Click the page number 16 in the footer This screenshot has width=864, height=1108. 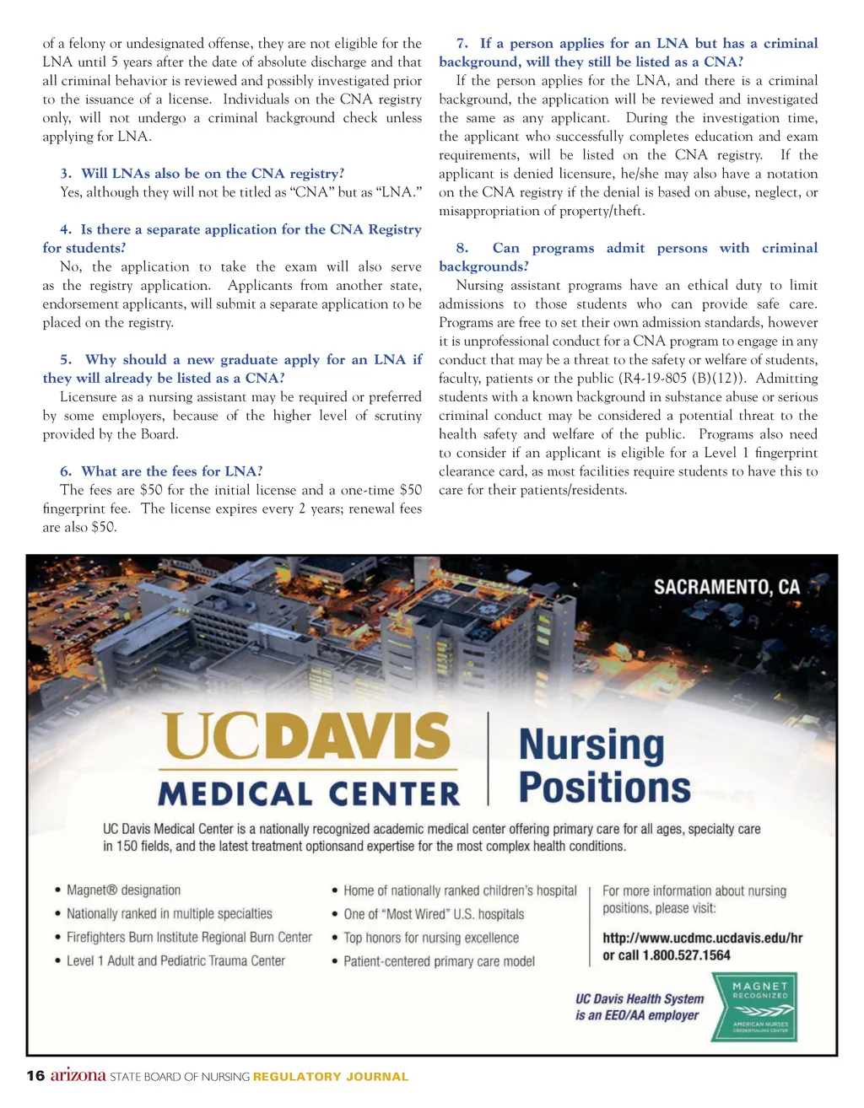point(35,1076)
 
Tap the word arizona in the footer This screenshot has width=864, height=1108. point(78,1075)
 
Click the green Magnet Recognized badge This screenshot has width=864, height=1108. point(754,1007)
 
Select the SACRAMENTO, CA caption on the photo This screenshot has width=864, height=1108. point(726,588)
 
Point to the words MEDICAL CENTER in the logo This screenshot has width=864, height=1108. point(309,794)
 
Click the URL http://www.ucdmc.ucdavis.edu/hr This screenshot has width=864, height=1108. point(702,938)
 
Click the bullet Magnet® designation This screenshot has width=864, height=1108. point(123,890)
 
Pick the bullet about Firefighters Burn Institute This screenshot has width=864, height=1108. point(189,938)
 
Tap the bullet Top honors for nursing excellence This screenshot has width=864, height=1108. point(431,938)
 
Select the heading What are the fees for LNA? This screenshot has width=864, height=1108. point(171,471)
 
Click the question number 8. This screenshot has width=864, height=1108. point(462,248)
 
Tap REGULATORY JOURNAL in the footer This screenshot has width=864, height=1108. point(331,1077)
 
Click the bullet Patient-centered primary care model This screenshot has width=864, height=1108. point(439,961)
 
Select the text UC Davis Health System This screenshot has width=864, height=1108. point(640,998)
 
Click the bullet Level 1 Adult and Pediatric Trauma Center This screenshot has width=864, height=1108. point(175,961)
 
